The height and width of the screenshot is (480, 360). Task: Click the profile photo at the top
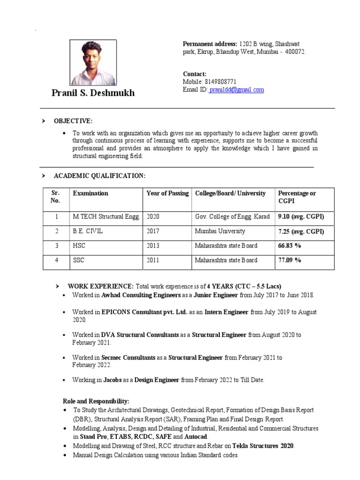click(x=93, y=62)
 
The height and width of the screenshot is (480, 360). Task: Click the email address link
click(x=237, y=90)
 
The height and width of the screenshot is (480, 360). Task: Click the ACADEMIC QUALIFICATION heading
click(x=100, y=176)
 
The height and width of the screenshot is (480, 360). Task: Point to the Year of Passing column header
click(x=167, y=193)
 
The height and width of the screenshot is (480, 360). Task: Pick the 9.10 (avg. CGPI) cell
click(x=301, y=217)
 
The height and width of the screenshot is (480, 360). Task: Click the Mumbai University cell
click(x=220, y=232)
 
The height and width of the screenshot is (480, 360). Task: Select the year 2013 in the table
click(x=153, y=246)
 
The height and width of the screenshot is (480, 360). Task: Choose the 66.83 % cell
click(x=289, y=246)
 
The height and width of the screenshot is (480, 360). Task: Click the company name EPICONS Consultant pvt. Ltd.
click(x=144, y=312)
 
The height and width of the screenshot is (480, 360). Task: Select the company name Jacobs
click(x=112, y=380)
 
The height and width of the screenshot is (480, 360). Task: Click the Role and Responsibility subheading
click(x=96, y=401)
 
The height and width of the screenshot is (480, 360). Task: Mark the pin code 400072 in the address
click(x=295, y=52)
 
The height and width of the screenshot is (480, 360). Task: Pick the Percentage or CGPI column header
click(x=297, y=197)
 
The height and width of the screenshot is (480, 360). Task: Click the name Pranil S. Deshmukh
click(x=93, y=93)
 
